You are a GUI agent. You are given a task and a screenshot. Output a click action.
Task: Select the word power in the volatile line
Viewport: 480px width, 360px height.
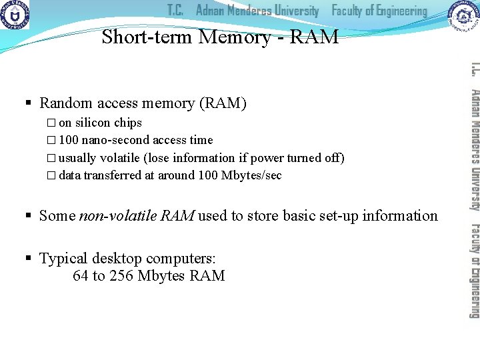click(267, 158)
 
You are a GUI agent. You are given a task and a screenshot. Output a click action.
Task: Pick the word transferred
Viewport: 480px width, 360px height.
click(111, 175)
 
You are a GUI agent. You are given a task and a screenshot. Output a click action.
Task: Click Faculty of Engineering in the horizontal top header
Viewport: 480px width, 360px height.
click(379, 11)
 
